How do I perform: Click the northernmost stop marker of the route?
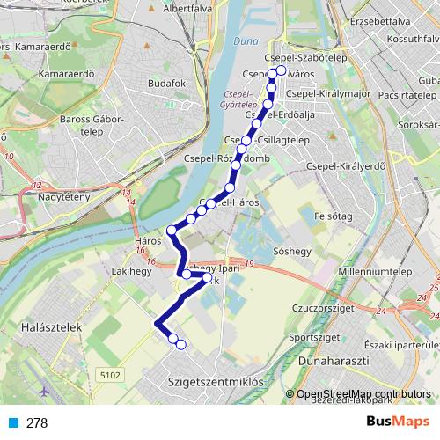pyautogui.click(x=282, y=71)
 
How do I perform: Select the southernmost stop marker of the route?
pyautogui.click(x=180, y=345)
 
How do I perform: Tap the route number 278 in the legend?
pyautogui.click(x=37, y=423)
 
